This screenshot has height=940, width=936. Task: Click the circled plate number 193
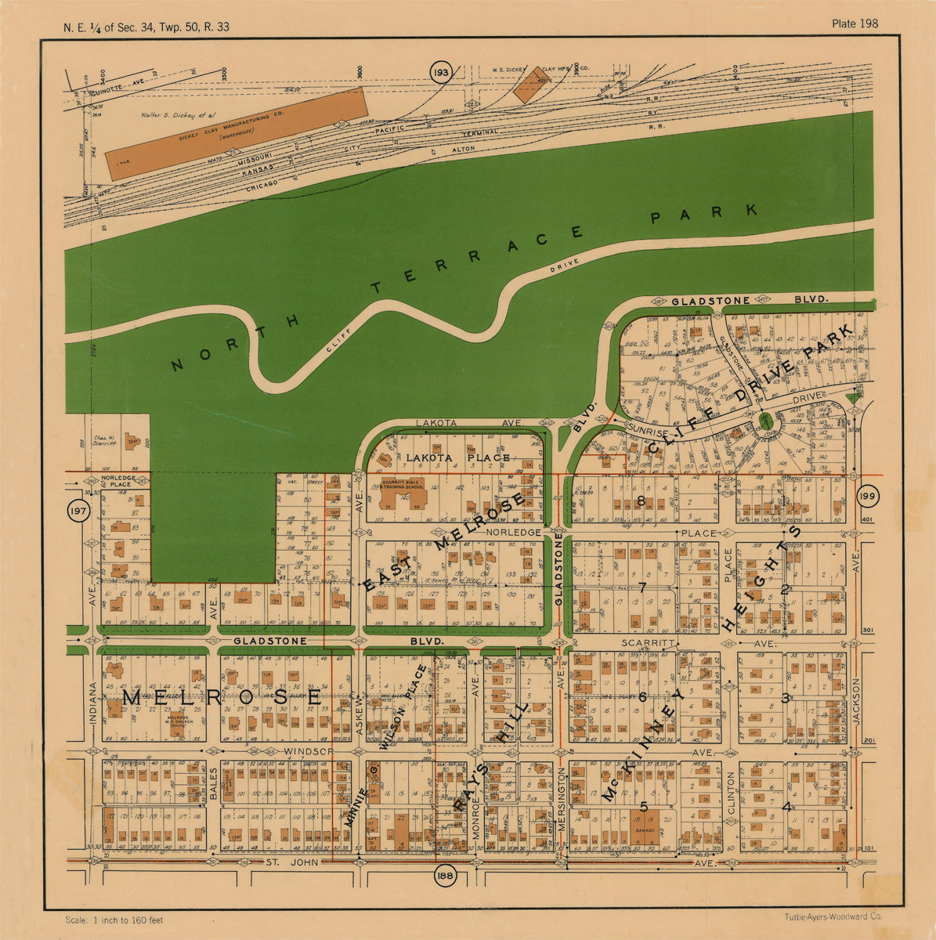(x=441, y=73)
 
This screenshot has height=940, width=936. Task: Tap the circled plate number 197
(x=79, y=512)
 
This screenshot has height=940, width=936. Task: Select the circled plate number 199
(x=866, y=497)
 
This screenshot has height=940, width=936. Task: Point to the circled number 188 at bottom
(x=446, y=873)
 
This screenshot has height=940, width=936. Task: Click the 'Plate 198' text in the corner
(x=855, y=23)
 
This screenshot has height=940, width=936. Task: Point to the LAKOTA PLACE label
(x=457, y=457)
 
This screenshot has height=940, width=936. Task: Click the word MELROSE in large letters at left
(x=222, y=696)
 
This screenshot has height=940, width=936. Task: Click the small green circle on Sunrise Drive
(x=765, y=423)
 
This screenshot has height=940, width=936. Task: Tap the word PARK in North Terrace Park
(x=705, y=215)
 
